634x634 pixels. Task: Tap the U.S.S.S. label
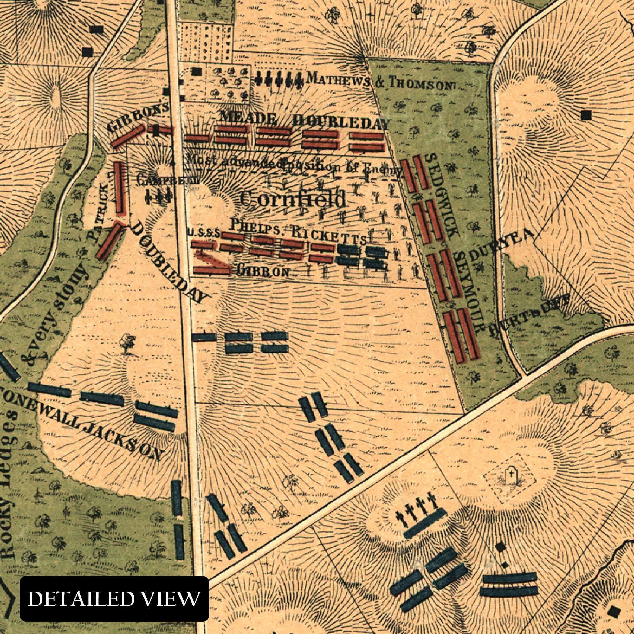[204, 233]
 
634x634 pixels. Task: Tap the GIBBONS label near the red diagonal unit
[138, 116]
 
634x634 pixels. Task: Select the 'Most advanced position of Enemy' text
[294, 165]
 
